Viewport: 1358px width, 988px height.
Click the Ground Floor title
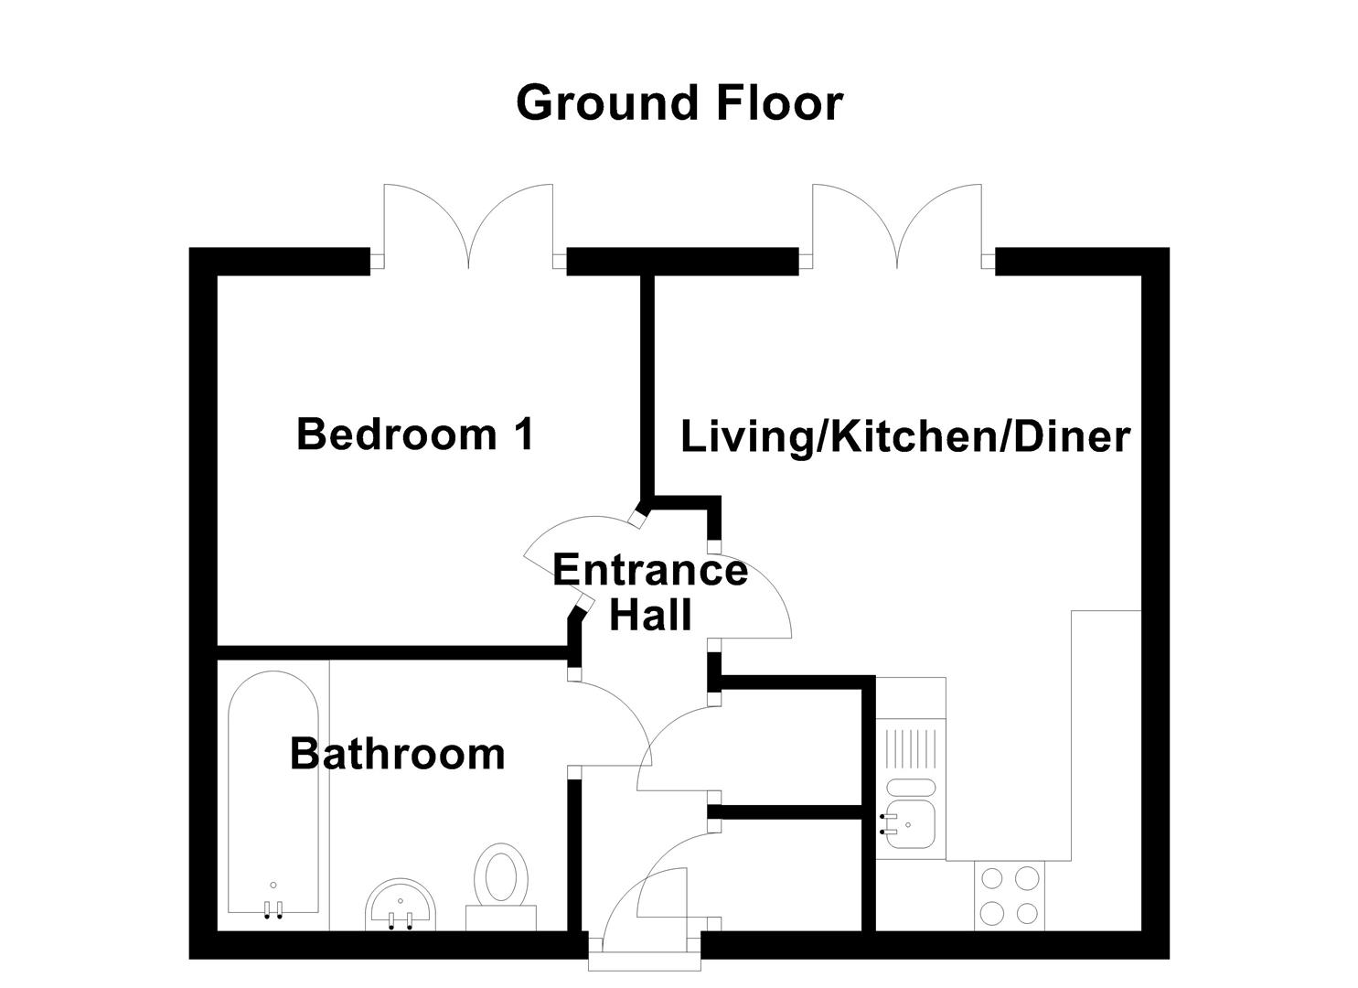(x=679, y=102)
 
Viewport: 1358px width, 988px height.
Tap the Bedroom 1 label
(x=415, y=434)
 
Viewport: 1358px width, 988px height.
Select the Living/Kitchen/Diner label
(x=905, y=436)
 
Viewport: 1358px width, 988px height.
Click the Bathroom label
(x=397, y=754)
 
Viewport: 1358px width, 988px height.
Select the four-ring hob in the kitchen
(x=1009, y=896)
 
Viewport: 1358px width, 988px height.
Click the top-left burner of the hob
(x=992, y=879)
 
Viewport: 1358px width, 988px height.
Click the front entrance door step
(x=644, y=961)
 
